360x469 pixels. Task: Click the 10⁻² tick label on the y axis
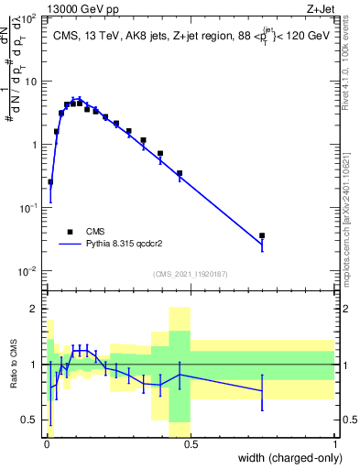(30, 271)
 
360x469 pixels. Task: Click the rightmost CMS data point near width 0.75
(262, 236)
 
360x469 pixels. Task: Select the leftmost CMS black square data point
(50, 182)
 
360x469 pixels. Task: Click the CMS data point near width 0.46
(180, 173)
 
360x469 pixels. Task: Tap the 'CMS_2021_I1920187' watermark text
(190, 274)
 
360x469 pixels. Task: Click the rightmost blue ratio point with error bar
(262, 390)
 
